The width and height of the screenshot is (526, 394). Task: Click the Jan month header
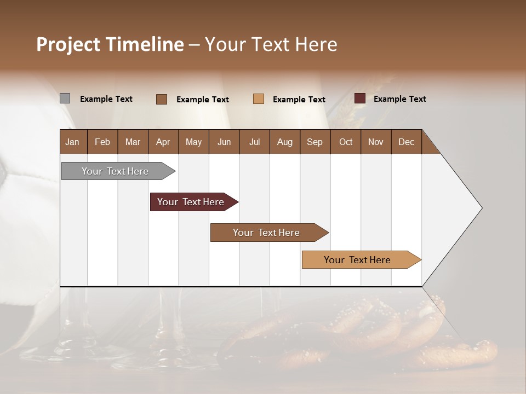[72, 142]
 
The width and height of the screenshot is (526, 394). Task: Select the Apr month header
[163, 142]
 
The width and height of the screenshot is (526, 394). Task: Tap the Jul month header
[254, 142]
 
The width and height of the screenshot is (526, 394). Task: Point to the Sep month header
[315, 142]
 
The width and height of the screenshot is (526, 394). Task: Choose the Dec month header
[406, 142]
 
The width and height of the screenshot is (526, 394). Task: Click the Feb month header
[102, 142]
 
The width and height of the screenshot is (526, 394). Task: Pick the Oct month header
[346, 142]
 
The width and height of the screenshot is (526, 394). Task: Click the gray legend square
[65, 99]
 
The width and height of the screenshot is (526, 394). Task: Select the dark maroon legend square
[359, 99]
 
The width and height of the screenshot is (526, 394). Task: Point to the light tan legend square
[259, 99]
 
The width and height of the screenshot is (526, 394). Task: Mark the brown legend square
[162, 99]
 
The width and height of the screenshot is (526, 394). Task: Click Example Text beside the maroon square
[399, 99]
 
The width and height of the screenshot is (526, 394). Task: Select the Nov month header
[375, 142]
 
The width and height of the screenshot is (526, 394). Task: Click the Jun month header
[224, 142]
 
